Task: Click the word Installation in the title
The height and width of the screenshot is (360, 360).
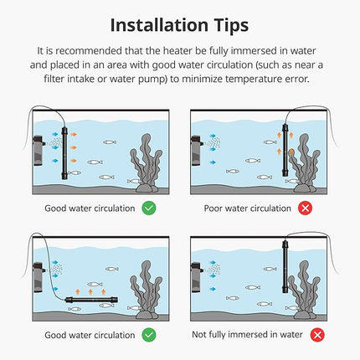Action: click(x=159, y=25)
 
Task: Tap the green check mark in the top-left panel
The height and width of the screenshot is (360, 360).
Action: click(x=149, y=208)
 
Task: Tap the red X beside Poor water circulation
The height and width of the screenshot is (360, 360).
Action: click(x=305, y=208)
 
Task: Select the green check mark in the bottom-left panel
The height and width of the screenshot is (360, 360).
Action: click(x=149, y=335)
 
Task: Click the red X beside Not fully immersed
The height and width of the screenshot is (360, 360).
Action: click(x=317, y=335)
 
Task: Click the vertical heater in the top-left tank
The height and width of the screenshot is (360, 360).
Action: click(x=64, y=153)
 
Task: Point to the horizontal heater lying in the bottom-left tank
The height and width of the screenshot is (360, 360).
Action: click(x=91, y=301)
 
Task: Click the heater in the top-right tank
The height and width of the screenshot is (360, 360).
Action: click(x=285, y=150)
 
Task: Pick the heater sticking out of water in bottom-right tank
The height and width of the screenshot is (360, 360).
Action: click(x=285, y=266)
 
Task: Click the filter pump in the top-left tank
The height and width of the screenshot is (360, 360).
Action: click(x=38, y=150)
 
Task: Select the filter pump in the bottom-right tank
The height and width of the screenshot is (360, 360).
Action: click(x=196, y=277)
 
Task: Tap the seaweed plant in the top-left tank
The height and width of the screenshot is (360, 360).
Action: click(x=147, y=163)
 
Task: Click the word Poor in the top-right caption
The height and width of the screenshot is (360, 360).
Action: click(x=213, y=208)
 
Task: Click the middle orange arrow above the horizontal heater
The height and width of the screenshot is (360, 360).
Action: click(x=90, y=292)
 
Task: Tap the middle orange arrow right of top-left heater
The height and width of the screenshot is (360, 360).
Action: click(x=74, y=147)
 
